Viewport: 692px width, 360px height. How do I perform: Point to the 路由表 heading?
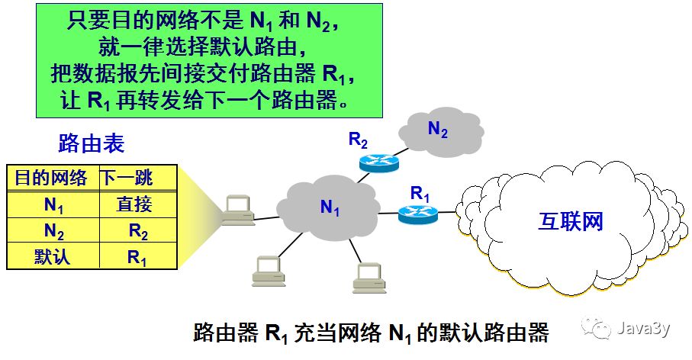pyautogui.click(x=91, y=143)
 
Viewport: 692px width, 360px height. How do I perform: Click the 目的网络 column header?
pyautogui.click(x=51, y=178)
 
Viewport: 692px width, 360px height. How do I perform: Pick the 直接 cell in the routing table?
pyautogui.click(x=135, y=204)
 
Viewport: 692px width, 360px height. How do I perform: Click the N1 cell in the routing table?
pyautogui.click(x=53, y=204)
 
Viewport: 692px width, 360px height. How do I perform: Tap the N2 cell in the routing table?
pyautogui.click(x=53, y=230)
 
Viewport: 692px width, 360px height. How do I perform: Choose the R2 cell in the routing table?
pyautogui.click(x=137, y=230)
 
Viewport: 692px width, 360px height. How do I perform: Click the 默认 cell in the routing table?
pyautogui.click(x=52, y=256)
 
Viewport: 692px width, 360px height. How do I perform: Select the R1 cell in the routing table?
pyautogui.click(x=137, y=257)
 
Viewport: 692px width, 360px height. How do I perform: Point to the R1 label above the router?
pyautogui.click(x=420, y=193)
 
